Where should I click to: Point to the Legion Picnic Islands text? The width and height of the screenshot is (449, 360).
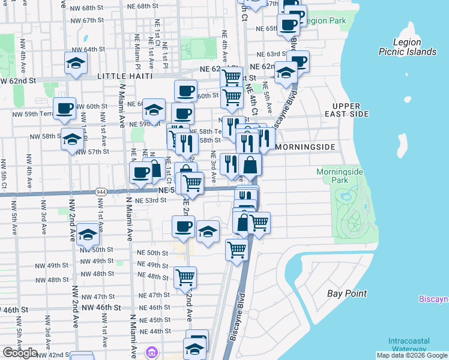pos(408,47)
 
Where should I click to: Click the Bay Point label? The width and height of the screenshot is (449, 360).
pos(347,293)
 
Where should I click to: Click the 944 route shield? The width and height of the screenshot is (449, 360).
pos(102,191)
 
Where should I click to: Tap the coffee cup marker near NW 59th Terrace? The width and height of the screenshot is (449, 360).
pos(65,108)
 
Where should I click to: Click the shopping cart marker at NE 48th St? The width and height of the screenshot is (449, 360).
pos(185,277)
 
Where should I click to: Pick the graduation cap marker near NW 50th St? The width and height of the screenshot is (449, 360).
pos(88,234)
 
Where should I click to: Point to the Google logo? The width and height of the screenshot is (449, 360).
pos(20,353)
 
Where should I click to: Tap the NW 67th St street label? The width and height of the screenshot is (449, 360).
pos(87,20)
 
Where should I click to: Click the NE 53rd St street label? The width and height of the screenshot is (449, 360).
pos(150,200)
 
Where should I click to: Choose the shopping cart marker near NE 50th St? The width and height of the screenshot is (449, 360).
pos(237,249)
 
